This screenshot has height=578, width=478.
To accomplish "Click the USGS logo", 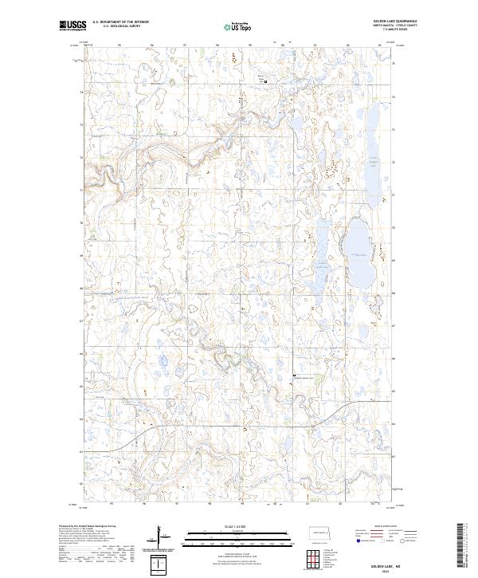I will tap(72, 26).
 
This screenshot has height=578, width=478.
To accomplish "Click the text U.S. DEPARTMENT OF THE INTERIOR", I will tap(120, 22).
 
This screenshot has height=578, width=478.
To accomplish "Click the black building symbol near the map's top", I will tap(265, 81).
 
